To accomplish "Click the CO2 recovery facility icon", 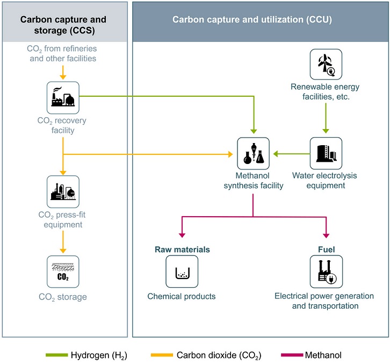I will coord(63,97).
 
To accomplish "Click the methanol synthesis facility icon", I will coord(253,153).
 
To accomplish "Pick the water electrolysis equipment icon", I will coord(326,153).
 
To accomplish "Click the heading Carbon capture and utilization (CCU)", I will coord(252,20).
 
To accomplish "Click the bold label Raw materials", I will coord(182,249).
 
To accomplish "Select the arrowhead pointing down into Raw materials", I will coord(182,235).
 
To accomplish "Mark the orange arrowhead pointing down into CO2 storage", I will coord(63,250).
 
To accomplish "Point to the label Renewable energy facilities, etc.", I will coord(326,91).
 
